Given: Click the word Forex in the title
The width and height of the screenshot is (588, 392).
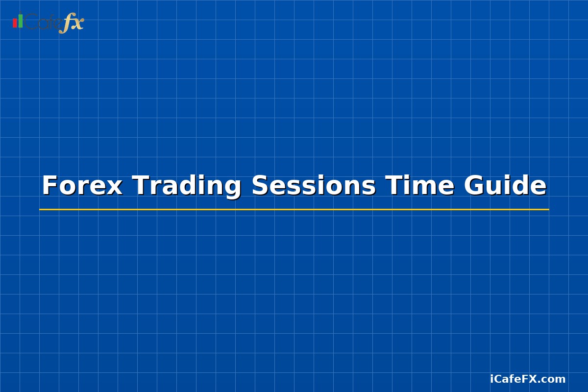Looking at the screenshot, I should (82, 186).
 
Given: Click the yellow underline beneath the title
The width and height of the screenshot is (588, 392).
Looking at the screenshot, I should (294, 209).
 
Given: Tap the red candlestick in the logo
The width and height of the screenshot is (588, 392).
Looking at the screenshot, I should (15, 23).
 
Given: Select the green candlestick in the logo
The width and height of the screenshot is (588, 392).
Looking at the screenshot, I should (21, 21).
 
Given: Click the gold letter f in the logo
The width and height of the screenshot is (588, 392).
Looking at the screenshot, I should (65, 24).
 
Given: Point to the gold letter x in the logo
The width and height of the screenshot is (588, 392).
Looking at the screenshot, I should (77, 23).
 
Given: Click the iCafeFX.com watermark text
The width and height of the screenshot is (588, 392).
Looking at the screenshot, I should (528, 379).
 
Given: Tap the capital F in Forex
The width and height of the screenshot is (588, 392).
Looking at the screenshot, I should (49, 186).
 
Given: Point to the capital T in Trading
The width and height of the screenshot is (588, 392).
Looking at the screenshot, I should (141, 186).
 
